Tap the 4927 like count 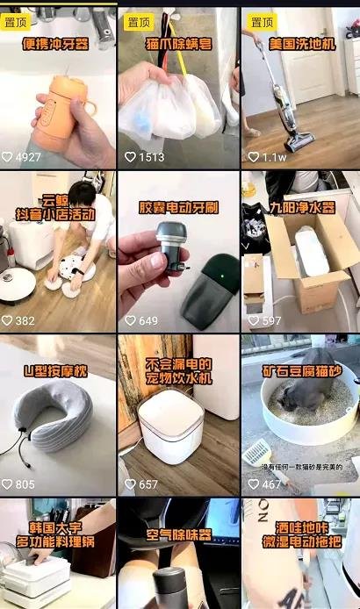click(27, 157)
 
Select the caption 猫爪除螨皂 click(178, 42)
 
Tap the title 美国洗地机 click(301, 42)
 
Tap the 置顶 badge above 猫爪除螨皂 click(139, 21)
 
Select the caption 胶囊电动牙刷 click(178, 209)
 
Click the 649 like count click(148, 321)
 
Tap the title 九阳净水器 click(301, 209)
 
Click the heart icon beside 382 click(7, 321)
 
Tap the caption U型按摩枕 click(57, 371)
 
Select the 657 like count click(148, 484)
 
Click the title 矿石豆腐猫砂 click(301, 370)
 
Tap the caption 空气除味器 click(178, 534)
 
